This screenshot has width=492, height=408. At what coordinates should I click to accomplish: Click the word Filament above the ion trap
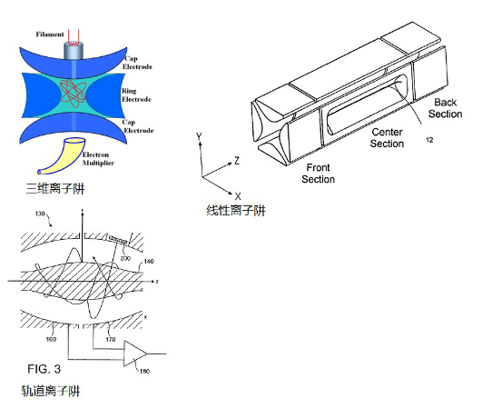[50, 35]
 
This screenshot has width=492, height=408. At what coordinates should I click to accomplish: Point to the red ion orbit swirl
[75, 94]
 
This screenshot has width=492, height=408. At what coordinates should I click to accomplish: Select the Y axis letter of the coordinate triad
[198, 135]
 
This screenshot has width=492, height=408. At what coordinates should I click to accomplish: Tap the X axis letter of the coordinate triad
[237, 195]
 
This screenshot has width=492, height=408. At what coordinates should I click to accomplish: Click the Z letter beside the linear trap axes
[235, 160]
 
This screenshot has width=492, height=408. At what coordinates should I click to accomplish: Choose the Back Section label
[446, 108]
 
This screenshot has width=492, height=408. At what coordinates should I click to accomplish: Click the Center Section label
[388, 138]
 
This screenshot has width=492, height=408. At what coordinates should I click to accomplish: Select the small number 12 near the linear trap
[430, 139]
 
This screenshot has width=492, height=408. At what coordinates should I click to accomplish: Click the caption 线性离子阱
[236, 212]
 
